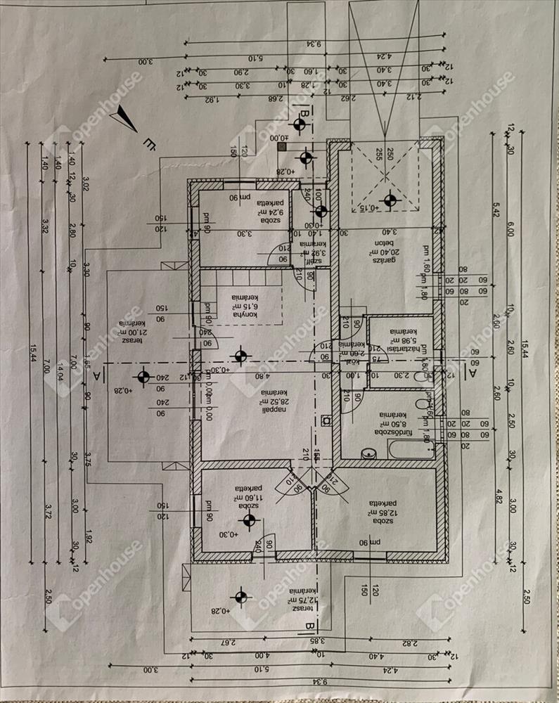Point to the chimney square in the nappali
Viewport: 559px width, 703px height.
coord(326,421)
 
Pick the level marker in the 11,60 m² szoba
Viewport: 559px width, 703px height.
coord(248,520)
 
